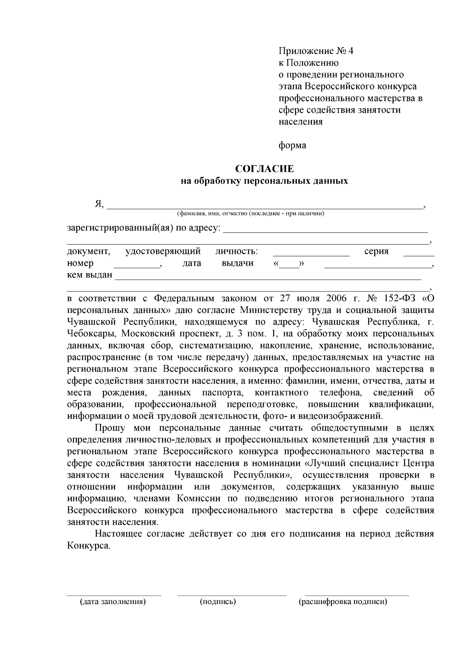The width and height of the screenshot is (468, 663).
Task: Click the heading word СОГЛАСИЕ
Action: coord(264,169)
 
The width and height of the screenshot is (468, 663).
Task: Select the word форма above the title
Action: coord(292,145)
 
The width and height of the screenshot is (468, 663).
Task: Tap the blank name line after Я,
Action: coord(265,207)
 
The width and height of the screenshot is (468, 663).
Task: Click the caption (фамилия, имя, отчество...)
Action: coord(251,214)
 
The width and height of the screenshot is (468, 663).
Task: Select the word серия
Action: coord(376,252)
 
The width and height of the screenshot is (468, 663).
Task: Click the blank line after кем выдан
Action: coord(268,278)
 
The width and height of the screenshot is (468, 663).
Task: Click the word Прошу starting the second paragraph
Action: coord(110,428)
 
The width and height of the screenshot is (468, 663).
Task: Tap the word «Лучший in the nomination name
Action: coord(326,463)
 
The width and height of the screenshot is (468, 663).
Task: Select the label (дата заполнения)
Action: coord(113,602)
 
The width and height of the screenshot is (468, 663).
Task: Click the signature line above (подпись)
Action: coord(232,595)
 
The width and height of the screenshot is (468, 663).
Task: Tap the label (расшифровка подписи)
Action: coord(343,602)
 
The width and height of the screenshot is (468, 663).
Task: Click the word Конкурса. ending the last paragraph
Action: coord(89,546)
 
